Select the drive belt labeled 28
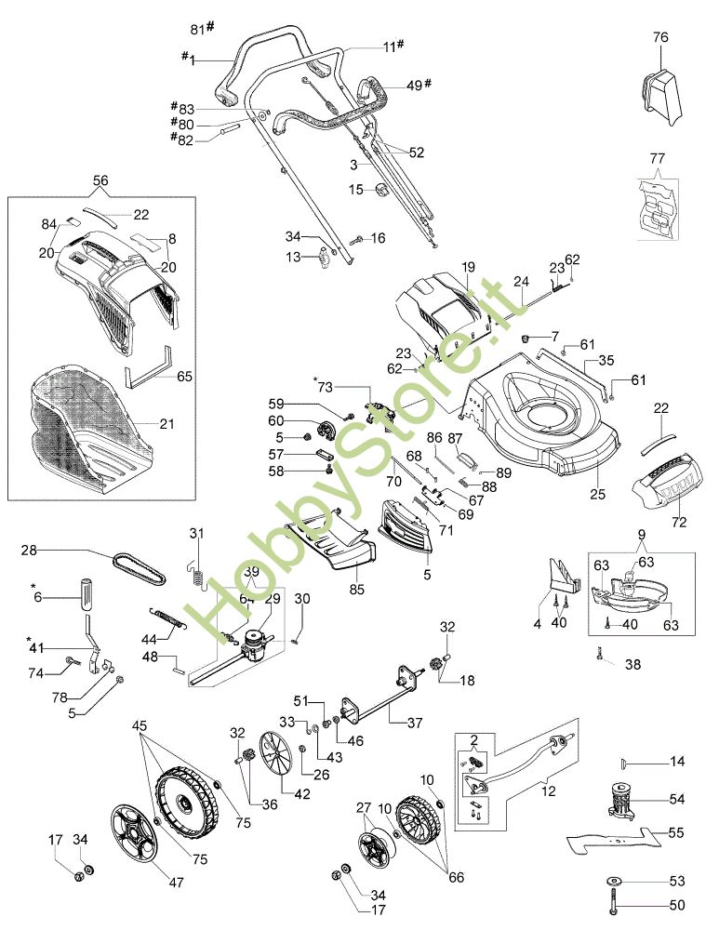click(139, 567)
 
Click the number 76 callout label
click(660, 37)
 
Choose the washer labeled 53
click(613, 880)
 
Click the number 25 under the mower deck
click(597, 494)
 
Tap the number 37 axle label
click(414, 723)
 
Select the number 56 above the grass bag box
click(100, 179)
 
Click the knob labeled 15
click(380, 190)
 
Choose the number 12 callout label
click(549, 790)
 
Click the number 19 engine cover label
click(469, 267)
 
